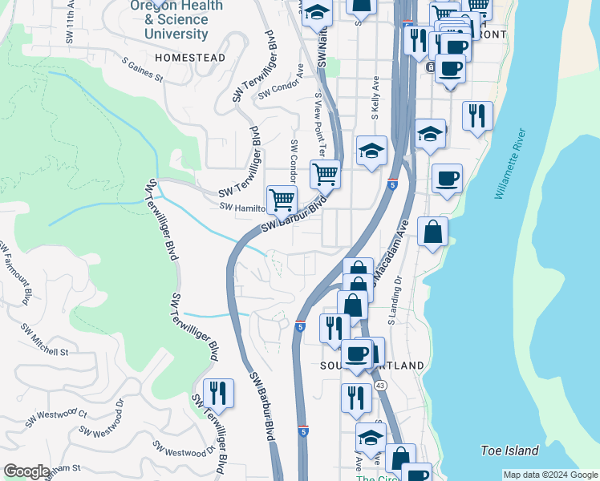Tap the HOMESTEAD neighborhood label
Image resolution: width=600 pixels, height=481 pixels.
click(x=191, y=59)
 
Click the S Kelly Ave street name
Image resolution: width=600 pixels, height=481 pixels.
click(x=375, y=95)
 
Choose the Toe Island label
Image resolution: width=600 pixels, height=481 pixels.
click(x=509, y=451)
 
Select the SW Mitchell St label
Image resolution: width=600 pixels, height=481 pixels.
click(x=46, y=340)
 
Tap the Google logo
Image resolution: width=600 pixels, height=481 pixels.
click(x=26, y=471)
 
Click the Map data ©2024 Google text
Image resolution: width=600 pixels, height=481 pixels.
click(x=550, y=475)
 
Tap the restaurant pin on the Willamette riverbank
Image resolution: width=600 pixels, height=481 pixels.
click(x=478, y=116)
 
